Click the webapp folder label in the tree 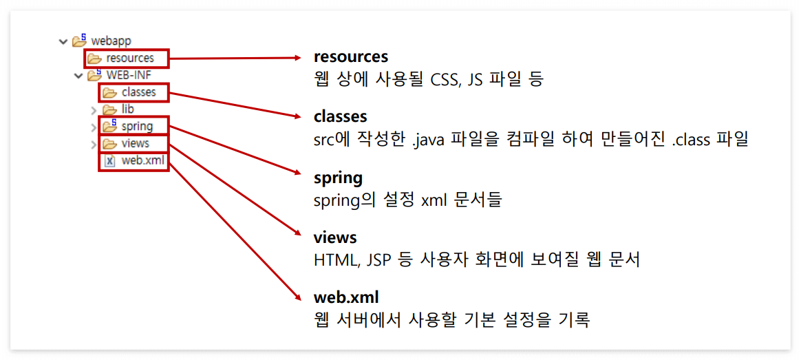[x=111, y=41]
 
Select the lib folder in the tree [x=127, y=109]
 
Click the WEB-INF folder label [x=129, y=75]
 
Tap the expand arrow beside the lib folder [x=94, y=109]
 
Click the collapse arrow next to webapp [x=64, y=41]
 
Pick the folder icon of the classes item [x=109, y=92]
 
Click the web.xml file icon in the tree [x=109, y=160]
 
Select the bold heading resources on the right [x=351, y=56]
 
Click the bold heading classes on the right [x=341, y=116]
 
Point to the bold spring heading [x=338, y=177]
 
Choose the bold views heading [x=335, y=237]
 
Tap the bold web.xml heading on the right [x=346, y=297]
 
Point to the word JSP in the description [x=377, y=260]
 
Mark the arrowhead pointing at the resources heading [x=299, y=58]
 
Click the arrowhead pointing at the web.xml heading [x=299, y=297]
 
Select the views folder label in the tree [x=135, y=143]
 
